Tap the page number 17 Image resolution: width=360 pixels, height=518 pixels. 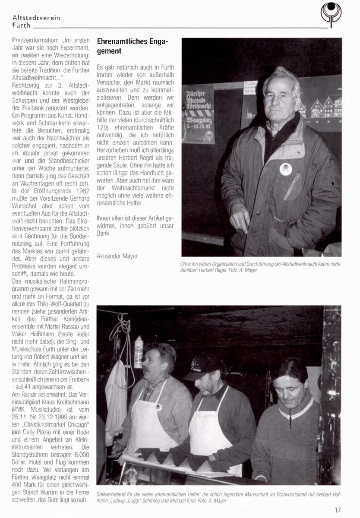(x=338, y=510)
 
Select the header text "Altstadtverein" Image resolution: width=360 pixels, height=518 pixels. (x=37, y=18)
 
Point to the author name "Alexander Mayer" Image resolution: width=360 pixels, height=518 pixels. (x=117, y=256)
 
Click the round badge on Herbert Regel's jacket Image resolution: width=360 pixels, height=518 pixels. (x=285, y=169)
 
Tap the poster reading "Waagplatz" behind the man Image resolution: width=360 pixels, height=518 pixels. (x=198, y=114)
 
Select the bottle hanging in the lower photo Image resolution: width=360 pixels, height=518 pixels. (x=138, y=352)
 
